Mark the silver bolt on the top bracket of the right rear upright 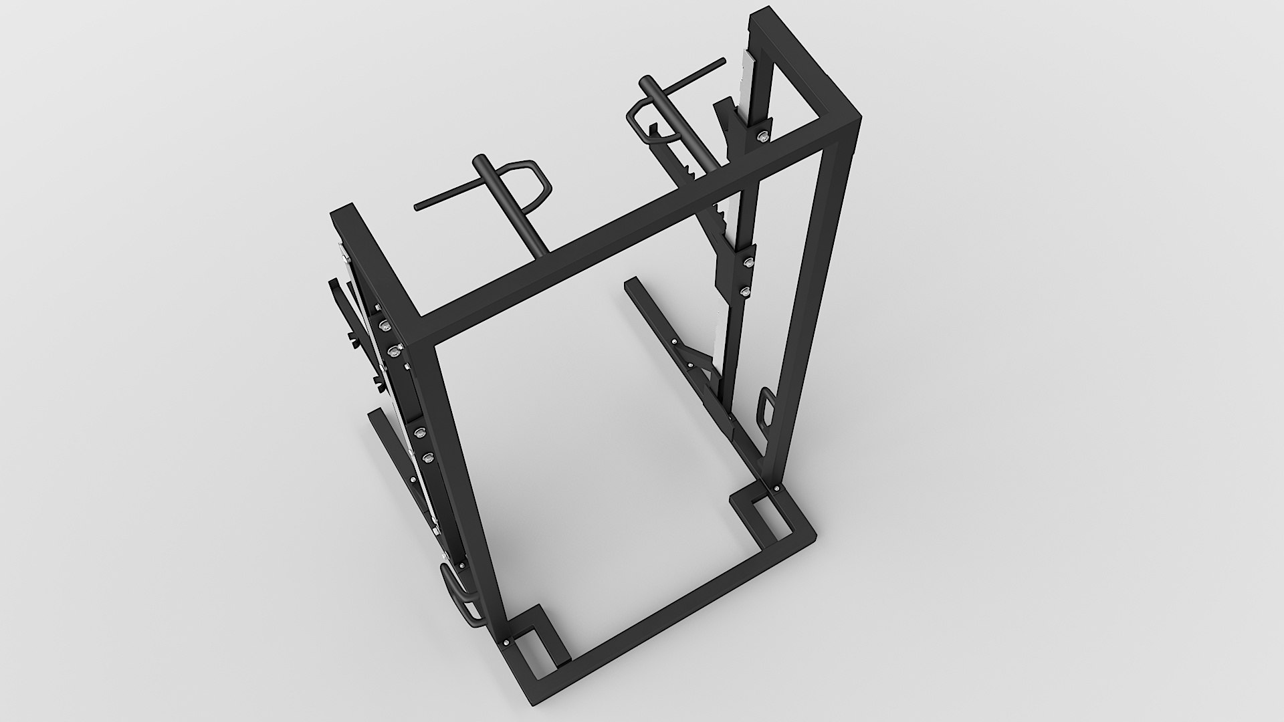click(x=763, y=136)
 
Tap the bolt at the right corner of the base click(x=776, y=490)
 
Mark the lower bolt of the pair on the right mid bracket click(x=744, y=291)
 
